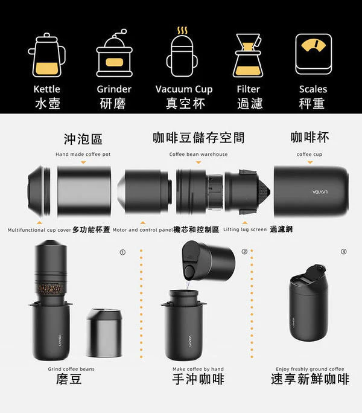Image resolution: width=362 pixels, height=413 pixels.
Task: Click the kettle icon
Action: tap(47, 55)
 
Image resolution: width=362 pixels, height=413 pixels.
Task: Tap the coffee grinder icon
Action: tap(115, 53)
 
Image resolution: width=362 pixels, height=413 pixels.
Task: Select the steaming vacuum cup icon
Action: tap(182, 52)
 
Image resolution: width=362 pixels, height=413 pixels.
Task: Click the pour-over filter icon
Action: tap(248, 56)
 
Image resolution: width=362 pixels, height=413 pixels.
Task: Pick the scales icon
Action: tap(314, 54)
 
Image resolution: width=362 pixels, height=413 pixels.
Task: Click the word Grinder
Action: tap(114, 89)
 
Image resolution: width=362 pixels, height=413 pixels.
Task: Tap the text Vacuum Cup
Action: tap(184, 89)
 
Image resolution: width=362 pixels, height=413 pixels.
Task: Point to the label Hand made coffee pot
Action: tap(83, 154)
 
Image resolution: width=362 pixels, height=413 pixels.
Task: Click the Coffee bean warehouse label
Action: tap(198, 154)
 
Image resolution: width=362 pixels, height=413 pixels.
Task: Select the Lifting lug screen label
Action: tap(245, 229)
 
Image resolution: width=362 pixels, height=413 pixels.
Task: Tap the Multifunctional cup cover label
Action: tap(39, 230)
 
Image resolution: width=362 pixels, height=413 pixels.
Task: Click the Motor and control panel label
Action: tap(143, 230)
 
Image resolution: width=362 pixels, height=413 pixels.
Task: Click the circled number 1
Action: tap(122, 252)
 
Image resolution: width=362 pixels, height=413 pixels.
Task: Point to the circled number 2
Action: tap(244, 252)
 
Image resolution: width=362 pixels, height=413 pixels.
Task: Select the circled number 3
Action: tap(343, 252)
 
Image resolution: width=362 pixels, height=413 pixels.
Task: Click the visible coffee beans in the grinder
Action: tap(51, 289)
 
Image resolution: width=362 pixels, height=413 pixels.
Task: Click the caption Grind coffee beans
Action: tap(71, 369)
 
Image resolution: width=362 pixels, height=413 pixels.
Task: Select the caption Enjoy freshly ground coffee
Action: tap(310, 369)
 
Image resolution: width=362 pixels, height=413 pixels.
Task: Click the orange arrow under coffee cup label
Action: tap(310, 162)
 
